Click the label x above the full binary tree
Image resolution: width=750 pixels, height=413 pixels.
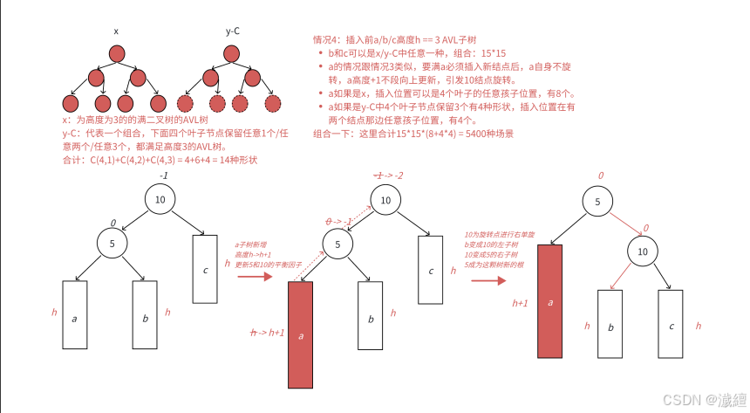116,31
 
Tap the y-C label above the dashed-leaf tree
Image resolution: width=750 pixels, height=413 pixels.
233,31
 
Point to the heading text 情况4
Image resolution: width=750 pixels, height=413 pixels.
328,40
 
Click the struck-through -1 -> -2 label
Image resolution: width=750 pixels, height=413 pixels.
388,176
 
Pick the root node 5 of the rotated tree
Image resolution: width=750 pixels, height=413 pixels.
597,202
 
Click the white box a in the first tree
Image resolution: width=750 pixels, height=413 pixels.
75,315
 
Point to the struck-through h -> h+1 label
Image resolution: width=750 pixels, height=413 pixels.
268,333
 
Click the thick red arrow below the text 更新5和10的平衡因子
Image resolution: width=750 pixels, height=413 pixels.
255,278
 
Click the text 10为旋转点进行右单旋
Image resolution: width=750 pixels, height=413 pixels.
494,234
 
